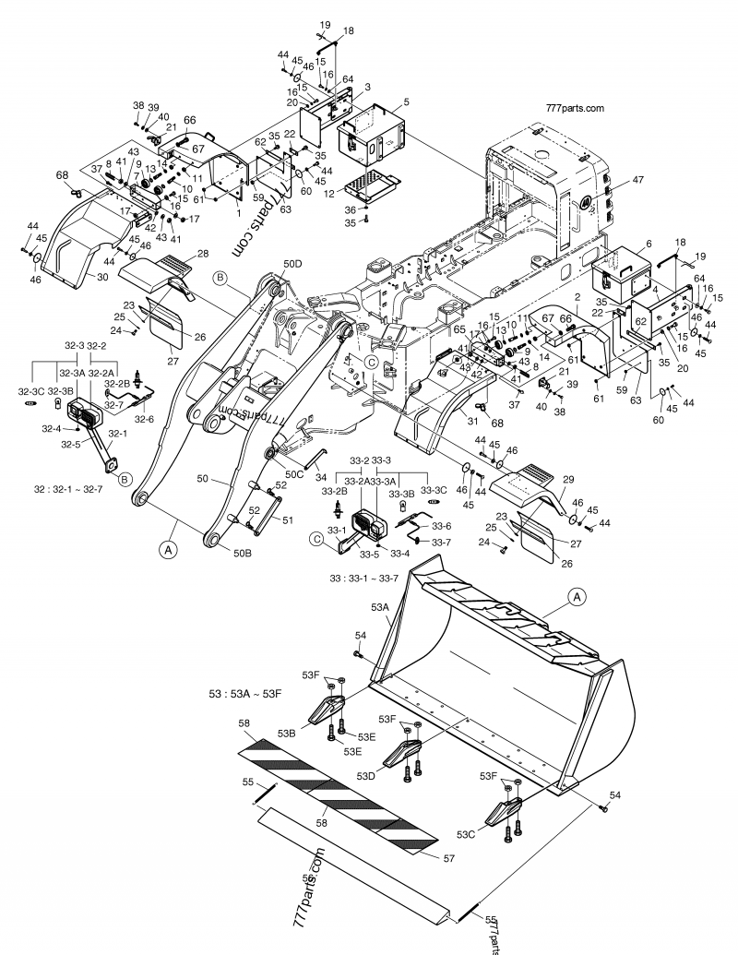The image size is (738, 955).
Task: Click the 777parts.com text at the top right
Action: coord(576,107)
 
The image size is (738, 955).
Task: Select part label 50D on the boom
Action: coord(293,264)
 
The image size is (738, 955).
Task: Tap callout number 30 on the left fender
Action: coord(101,275)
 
